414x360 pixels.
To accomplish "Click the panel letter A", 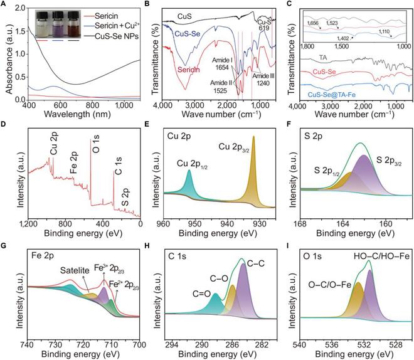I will coord(6,6).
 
